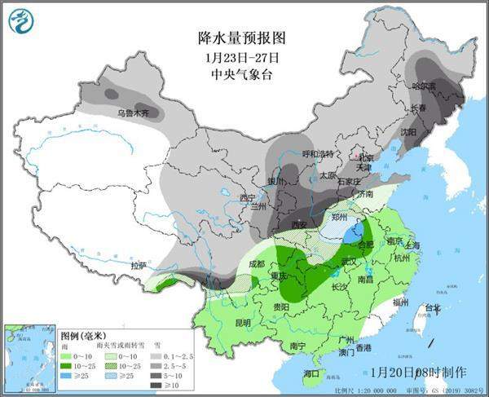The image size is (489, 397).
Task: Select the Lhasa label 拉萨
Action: tap(139, 266)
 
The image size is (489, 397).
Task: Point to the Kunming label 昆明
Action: tap(220, 323)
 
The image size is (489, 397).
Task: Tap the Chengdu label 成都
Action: tap(257, 263)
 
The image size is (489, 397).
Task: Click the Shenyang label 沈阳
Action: tap(407, 131)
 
